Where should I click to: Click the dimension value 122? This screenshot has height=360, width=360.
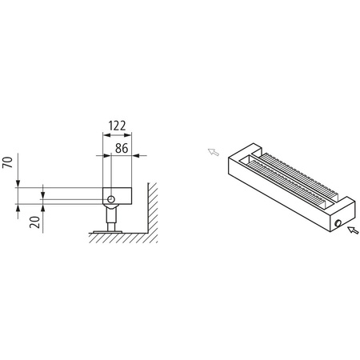coord(117,126)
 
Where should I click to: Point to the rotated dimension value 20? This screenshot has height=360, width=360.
coord(35,222)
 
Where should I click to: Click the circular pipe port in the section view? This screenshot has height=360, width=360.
coord(114,196)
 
